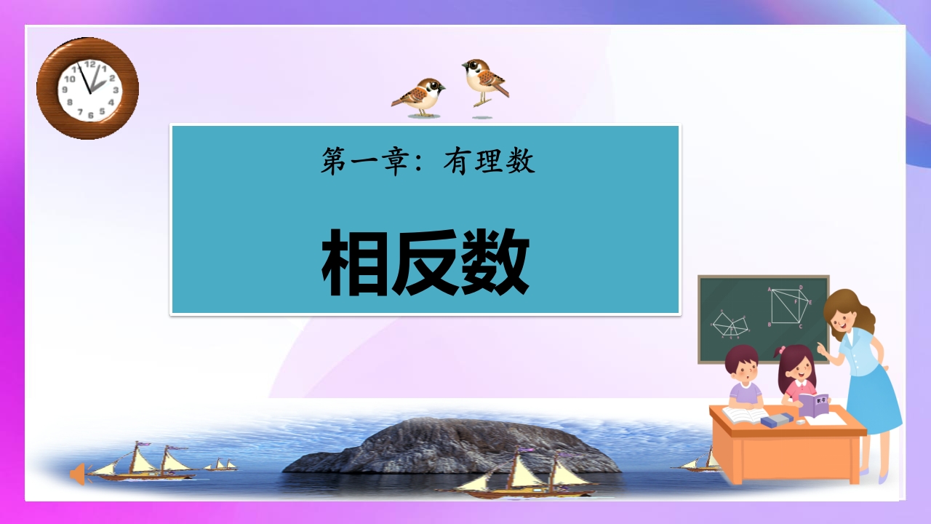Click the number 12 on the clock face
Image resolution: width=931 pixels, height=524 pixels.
pyautogui.click(x=89, y=65)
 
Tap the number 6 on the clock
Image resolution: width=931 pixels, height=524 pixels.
pyautogui.click(x=91, y=115)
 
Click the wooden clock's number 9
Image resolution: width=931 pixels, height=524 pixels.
pyautogui.click(x=65, y=90)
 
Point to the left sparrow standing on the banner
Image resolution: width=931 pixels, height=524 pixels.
pyautogui.click(x=418, y=97)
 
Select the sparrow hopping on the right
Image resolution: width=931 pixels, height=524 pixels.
pyautogui.click(x=485, y=82)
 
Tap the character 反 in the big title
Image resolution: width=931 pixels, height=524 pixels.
pyautogui.click(x=425, y=262)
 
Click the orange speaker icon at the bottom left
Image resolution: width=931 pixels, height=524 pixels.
pyautogui.click(x=78, y=474)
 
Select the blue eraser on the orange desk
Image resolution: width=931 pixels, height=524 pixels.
pyautogui.click(x=776, y=420)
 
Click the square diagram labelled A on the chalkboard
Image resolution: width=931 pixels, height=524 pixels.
pyautogui.click(x=789, y=305)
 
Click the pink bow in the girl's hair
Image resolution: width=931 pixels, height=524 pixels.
pyautogui.click(x=781, y=350)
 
